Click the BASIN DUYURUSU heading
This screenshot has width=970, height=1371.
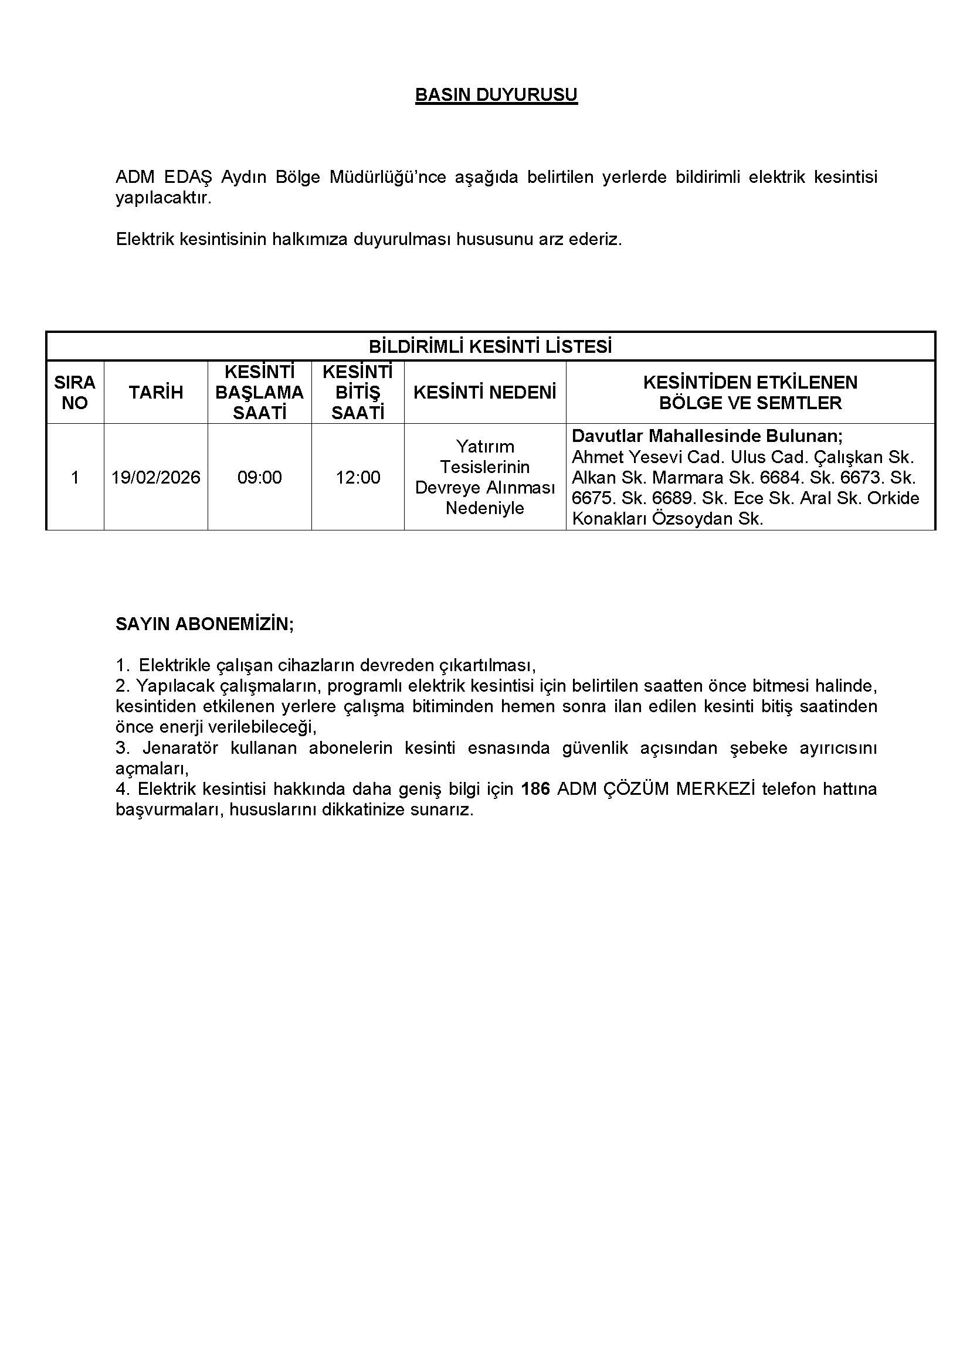point(496,96)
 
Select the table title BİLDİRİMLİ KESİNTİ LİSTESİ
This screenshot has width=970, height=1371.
point(490,347)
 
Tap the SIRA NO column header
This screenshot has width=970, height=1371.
point(74,392)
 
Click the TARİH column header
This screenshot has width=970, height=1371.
point(155,392)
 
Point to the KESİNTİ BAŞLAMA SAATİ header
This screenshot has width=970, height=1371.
point(259,392)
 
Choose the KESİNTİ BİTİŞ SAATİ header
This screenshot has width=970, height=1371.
point(357,392)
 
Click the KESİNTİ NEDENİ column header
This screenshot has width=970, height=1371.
point(484,392)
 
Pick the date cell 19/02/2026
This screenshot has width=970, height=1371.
point(156,478)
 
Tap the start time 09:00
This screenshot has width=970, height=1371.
point(259,478)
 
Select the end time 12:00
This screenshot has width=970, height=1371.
point(358,478)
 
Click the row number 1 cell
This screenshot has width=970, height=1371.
point(74,478)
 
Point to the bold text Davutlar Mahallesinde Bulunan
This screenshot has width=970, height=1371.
point(707,436)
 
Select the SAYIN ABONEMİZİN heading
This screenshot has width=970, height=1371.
point(204,625)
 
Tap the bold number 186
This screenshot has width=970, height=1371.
point(535,789)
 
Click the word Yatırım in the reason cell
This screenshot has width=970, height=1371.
point(485,446)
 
